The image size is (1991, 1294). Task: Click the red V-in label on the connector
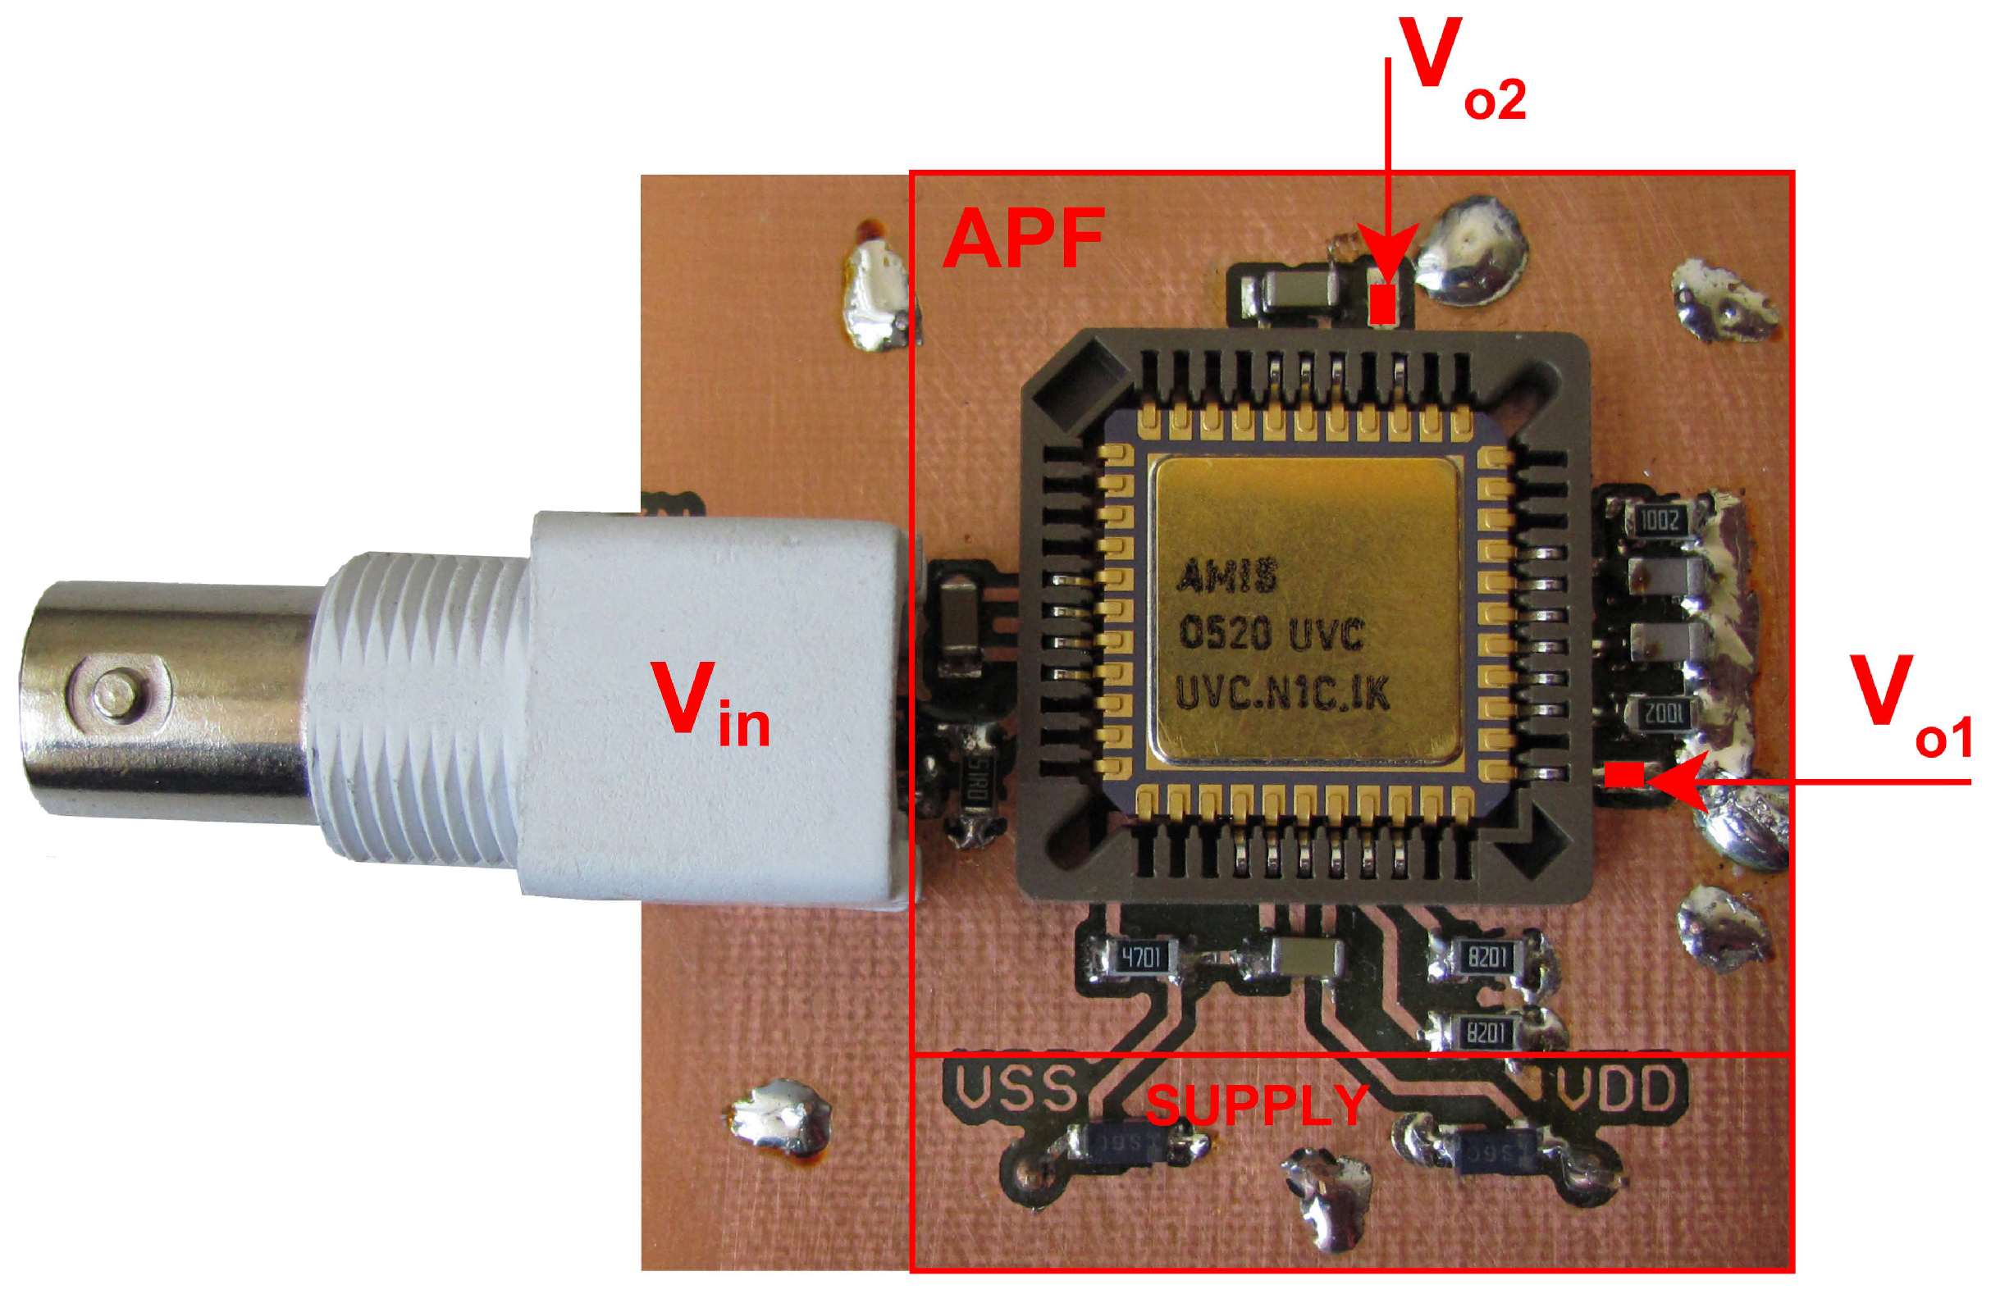[710, 703]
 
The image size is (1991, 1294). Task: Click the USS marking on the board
[1015, 1088]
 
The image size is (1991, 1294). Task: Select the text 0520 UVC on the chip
[1271, 633]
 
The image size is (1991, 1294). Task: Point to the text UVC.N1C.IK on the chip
[1281, 694]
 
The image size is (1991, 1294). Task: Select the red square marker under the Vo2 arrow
[1383, 303]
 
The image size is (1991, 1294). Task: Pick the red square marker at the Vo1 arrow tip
[1623, 774]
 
